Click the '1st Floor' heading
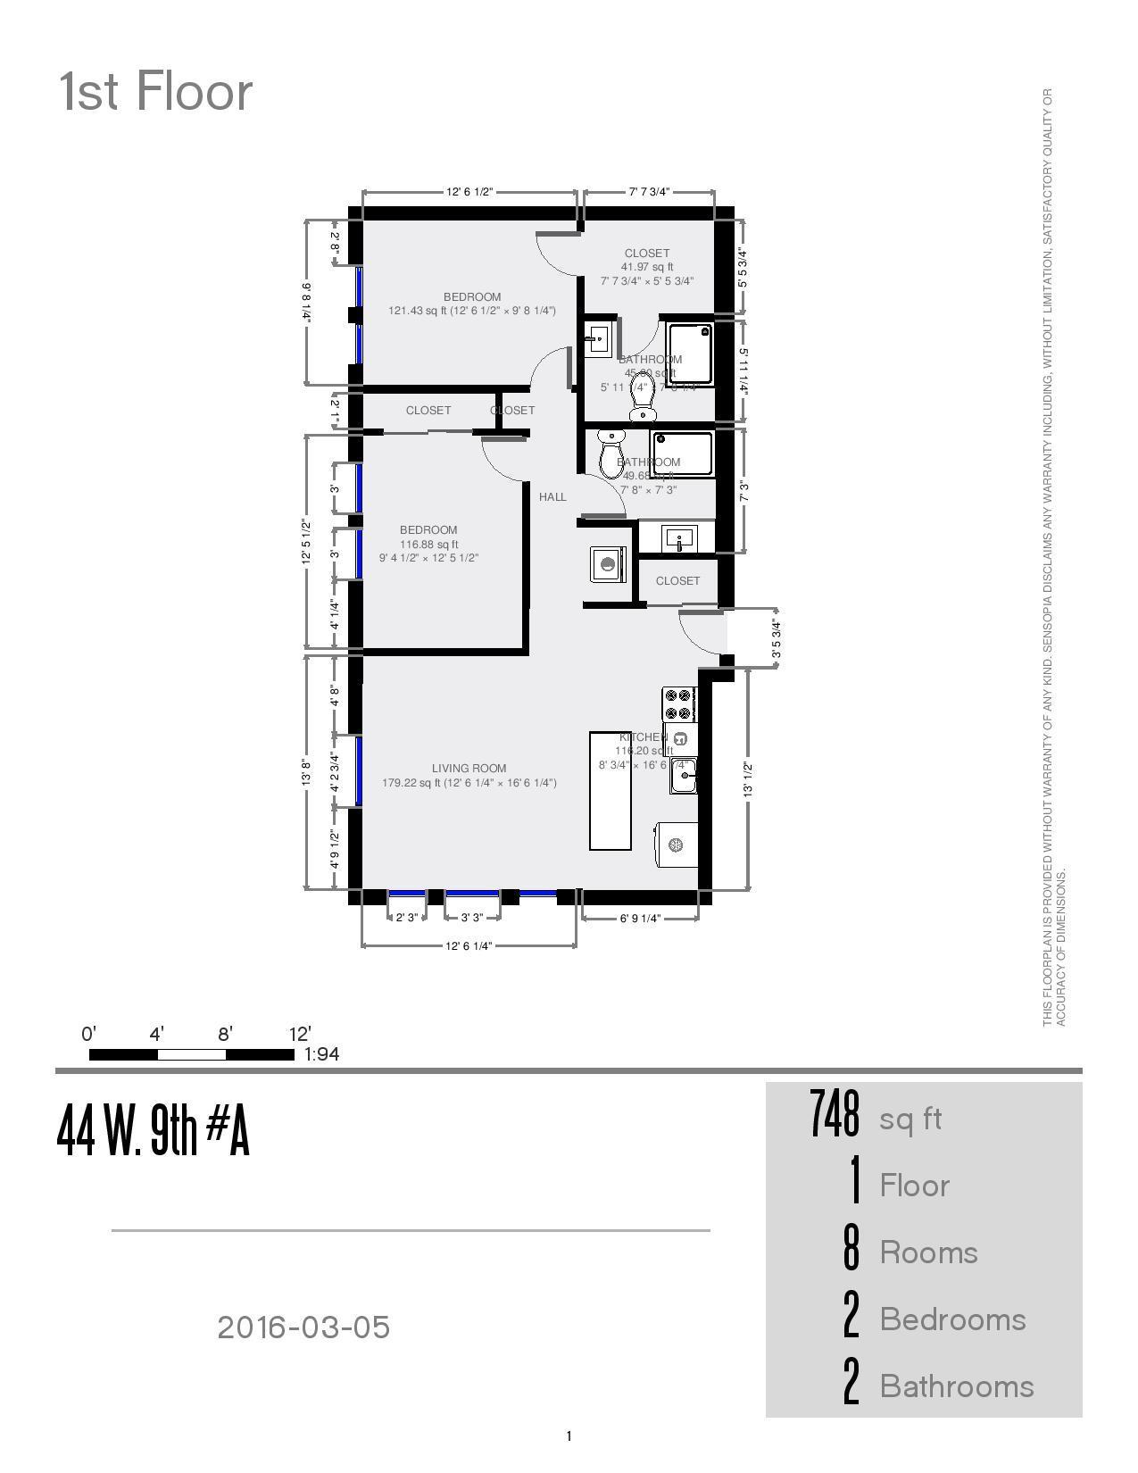point(156,92)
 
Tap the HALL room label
point(552,497)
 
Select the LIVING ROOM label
point(469,768)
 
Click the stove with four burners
point(678,704)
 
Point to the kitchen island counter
point(610,791)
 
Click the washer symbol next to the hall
point(608,564)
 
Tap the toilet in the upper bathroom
point(642,397)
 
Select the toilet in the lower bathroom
point(611,455)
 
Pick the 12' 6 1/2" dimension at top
point(469,192)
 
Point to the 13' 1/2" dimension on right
point(748,779)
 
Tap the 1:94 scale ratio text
point(321,1054)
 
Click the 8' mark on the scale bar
point(226,1035)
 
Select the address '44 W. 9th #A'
point(153,1130)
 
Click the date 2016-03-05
point(303,1327)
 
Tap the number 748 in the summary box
point(835,1114)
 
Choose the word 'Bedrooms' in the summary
point(952,1319)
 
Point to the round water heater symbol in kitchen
point(677,845)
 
